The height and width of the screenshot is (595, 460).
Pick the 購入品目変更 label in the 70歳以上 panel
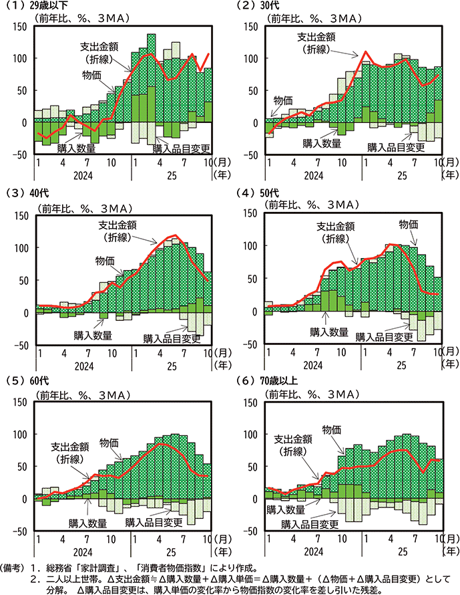[x=310, y=525]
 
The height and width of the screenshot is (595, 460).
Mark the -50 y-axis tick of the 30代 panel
[x=252, y=154]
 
